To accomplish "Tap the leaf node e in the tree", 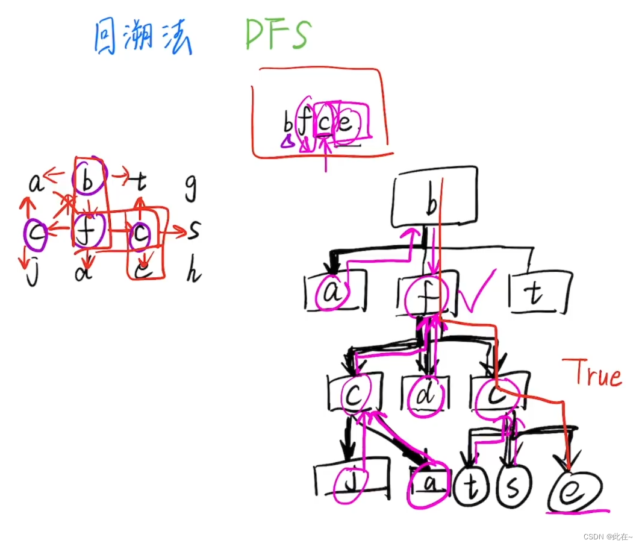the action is coord(576,489).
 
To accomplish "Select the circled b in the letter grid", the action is coord(88,180).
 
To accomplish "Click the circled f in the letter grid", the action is coord(89,230).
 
